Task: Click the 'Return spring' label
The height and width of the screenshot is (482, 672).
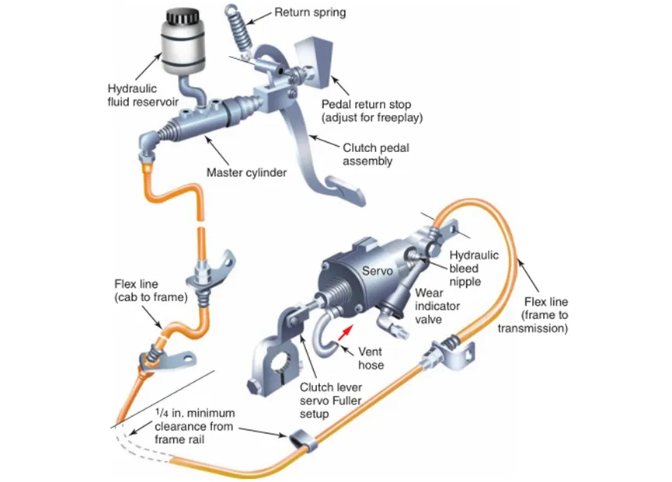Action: coord(311,13)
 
